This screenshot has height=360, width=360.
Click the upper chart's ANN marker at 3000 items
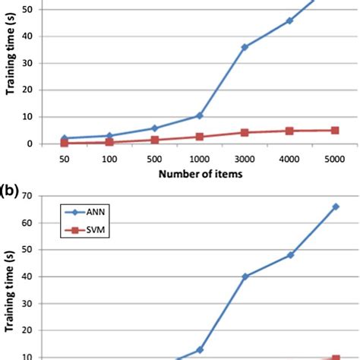pos(245,47)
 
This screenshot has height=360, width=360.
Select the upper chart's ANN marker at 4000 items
pos(289,21)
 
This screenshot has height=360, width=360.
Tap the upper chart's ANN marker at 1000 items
pos(200,115)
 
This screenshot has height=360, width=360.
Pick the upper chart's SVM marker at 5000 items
pos(334,130)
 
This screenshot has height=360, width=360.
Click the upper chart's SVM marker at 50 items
pos(65,143)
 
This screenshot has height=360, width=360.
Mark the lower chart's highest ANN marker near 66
pos(335,207)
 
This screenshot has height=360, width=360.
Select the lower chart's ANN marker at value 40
pos(245,276)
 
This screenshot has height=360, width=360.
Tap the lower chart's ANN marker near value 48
pos(290,255)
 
